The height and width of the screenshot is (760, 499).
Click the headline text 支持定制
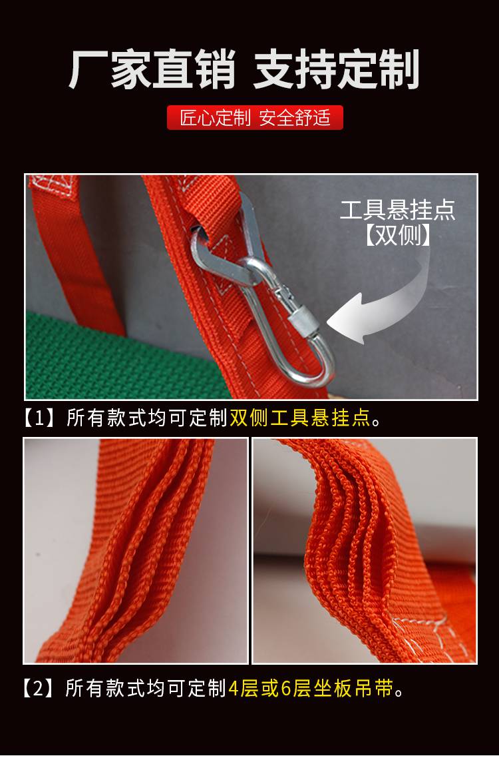[x=337, y=71]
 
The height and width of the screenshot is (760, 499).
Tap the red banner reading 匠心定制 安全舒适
[x=255, y=118]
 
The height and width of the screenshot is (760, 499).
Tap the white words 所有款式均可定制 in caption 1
[x=147, y=418]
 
